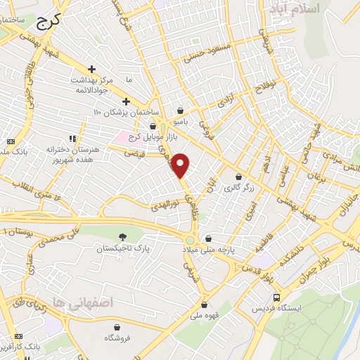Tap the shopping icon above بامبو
(x=181, y=110)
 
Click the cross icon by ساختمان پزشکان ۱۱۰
(x=127, y=101)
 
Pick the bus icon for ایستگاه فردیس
(x=278, y=297)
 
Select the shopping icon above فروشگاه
(x=116, y=326)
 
